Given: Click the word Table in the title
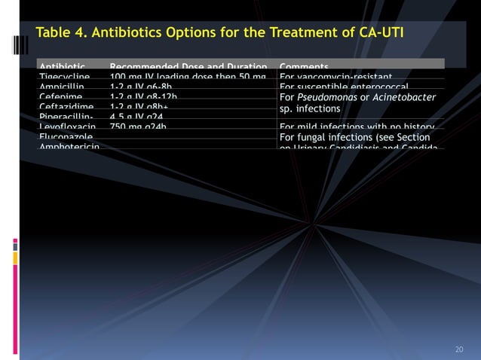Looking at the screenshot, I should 54,32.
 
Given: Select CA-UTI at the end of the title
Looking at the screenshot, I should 382,32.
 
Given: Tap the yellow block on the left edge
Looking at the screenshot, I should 15,258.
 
